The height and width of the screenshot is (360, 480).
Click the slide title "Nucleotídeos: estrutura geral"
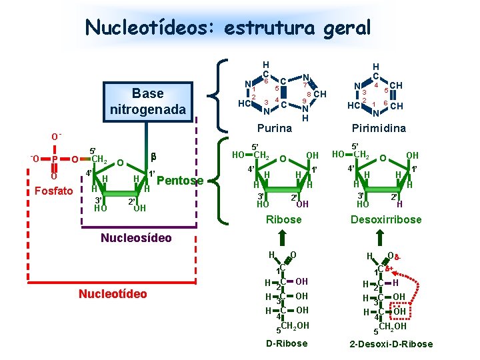tap(227, 28)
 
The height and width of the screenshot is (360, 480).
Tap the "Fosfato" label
tap(53, 191)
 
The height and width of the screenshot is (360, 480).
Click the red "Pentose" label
tap(179, 181)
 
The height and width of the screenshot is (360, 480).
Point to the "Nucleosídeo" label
tap(135, 238)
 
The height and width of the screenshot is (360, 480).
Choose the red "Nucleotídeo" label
tap(113, 294)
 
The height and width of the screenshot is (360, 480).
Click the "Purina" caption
tap(275, 128)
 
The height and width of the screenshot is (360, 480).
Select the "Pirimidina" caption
tap(378, 128)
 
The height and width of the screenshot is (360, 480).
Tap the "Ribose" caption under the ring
tap(284, 219)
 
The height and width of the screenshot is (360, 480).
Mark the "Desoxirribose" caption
tap(386, 219)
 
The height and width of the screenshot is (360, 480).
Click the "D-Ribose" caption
tap(287, 343)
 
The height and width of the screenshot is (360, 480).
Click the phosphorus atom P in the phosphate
tap(57, 159)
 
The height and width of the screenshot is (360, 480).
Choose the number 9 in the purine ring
tap(304, 101)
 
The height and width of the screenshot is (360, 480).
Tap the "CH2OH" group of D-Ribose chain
tap(293, 326)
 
